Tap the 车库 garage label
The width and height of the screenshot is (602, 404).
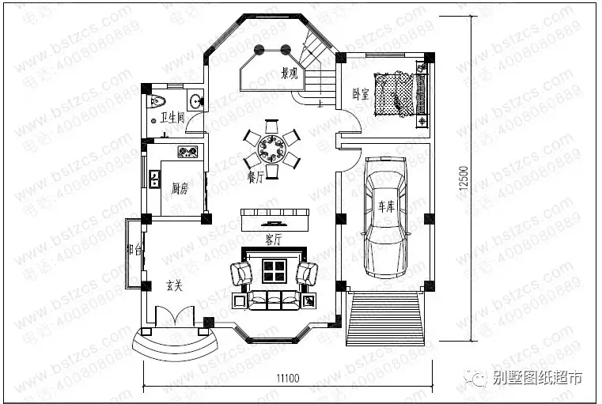(x=385, y=207)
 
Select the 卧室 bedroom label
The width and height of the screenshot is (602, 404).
(x=360, y=93)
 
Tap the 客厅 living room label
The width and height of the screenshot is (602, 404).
(x=273, y=239)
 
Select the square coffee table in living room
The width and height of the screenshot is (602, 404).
(x=273, y=272)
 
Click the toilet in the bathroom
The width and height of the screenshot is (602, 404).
(x=157, y=100)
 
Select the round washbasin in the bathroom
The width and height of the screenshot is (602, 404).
(x=194, y=100)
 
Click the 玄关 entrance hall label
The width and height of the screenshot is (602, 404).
(x=174, y=285)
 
